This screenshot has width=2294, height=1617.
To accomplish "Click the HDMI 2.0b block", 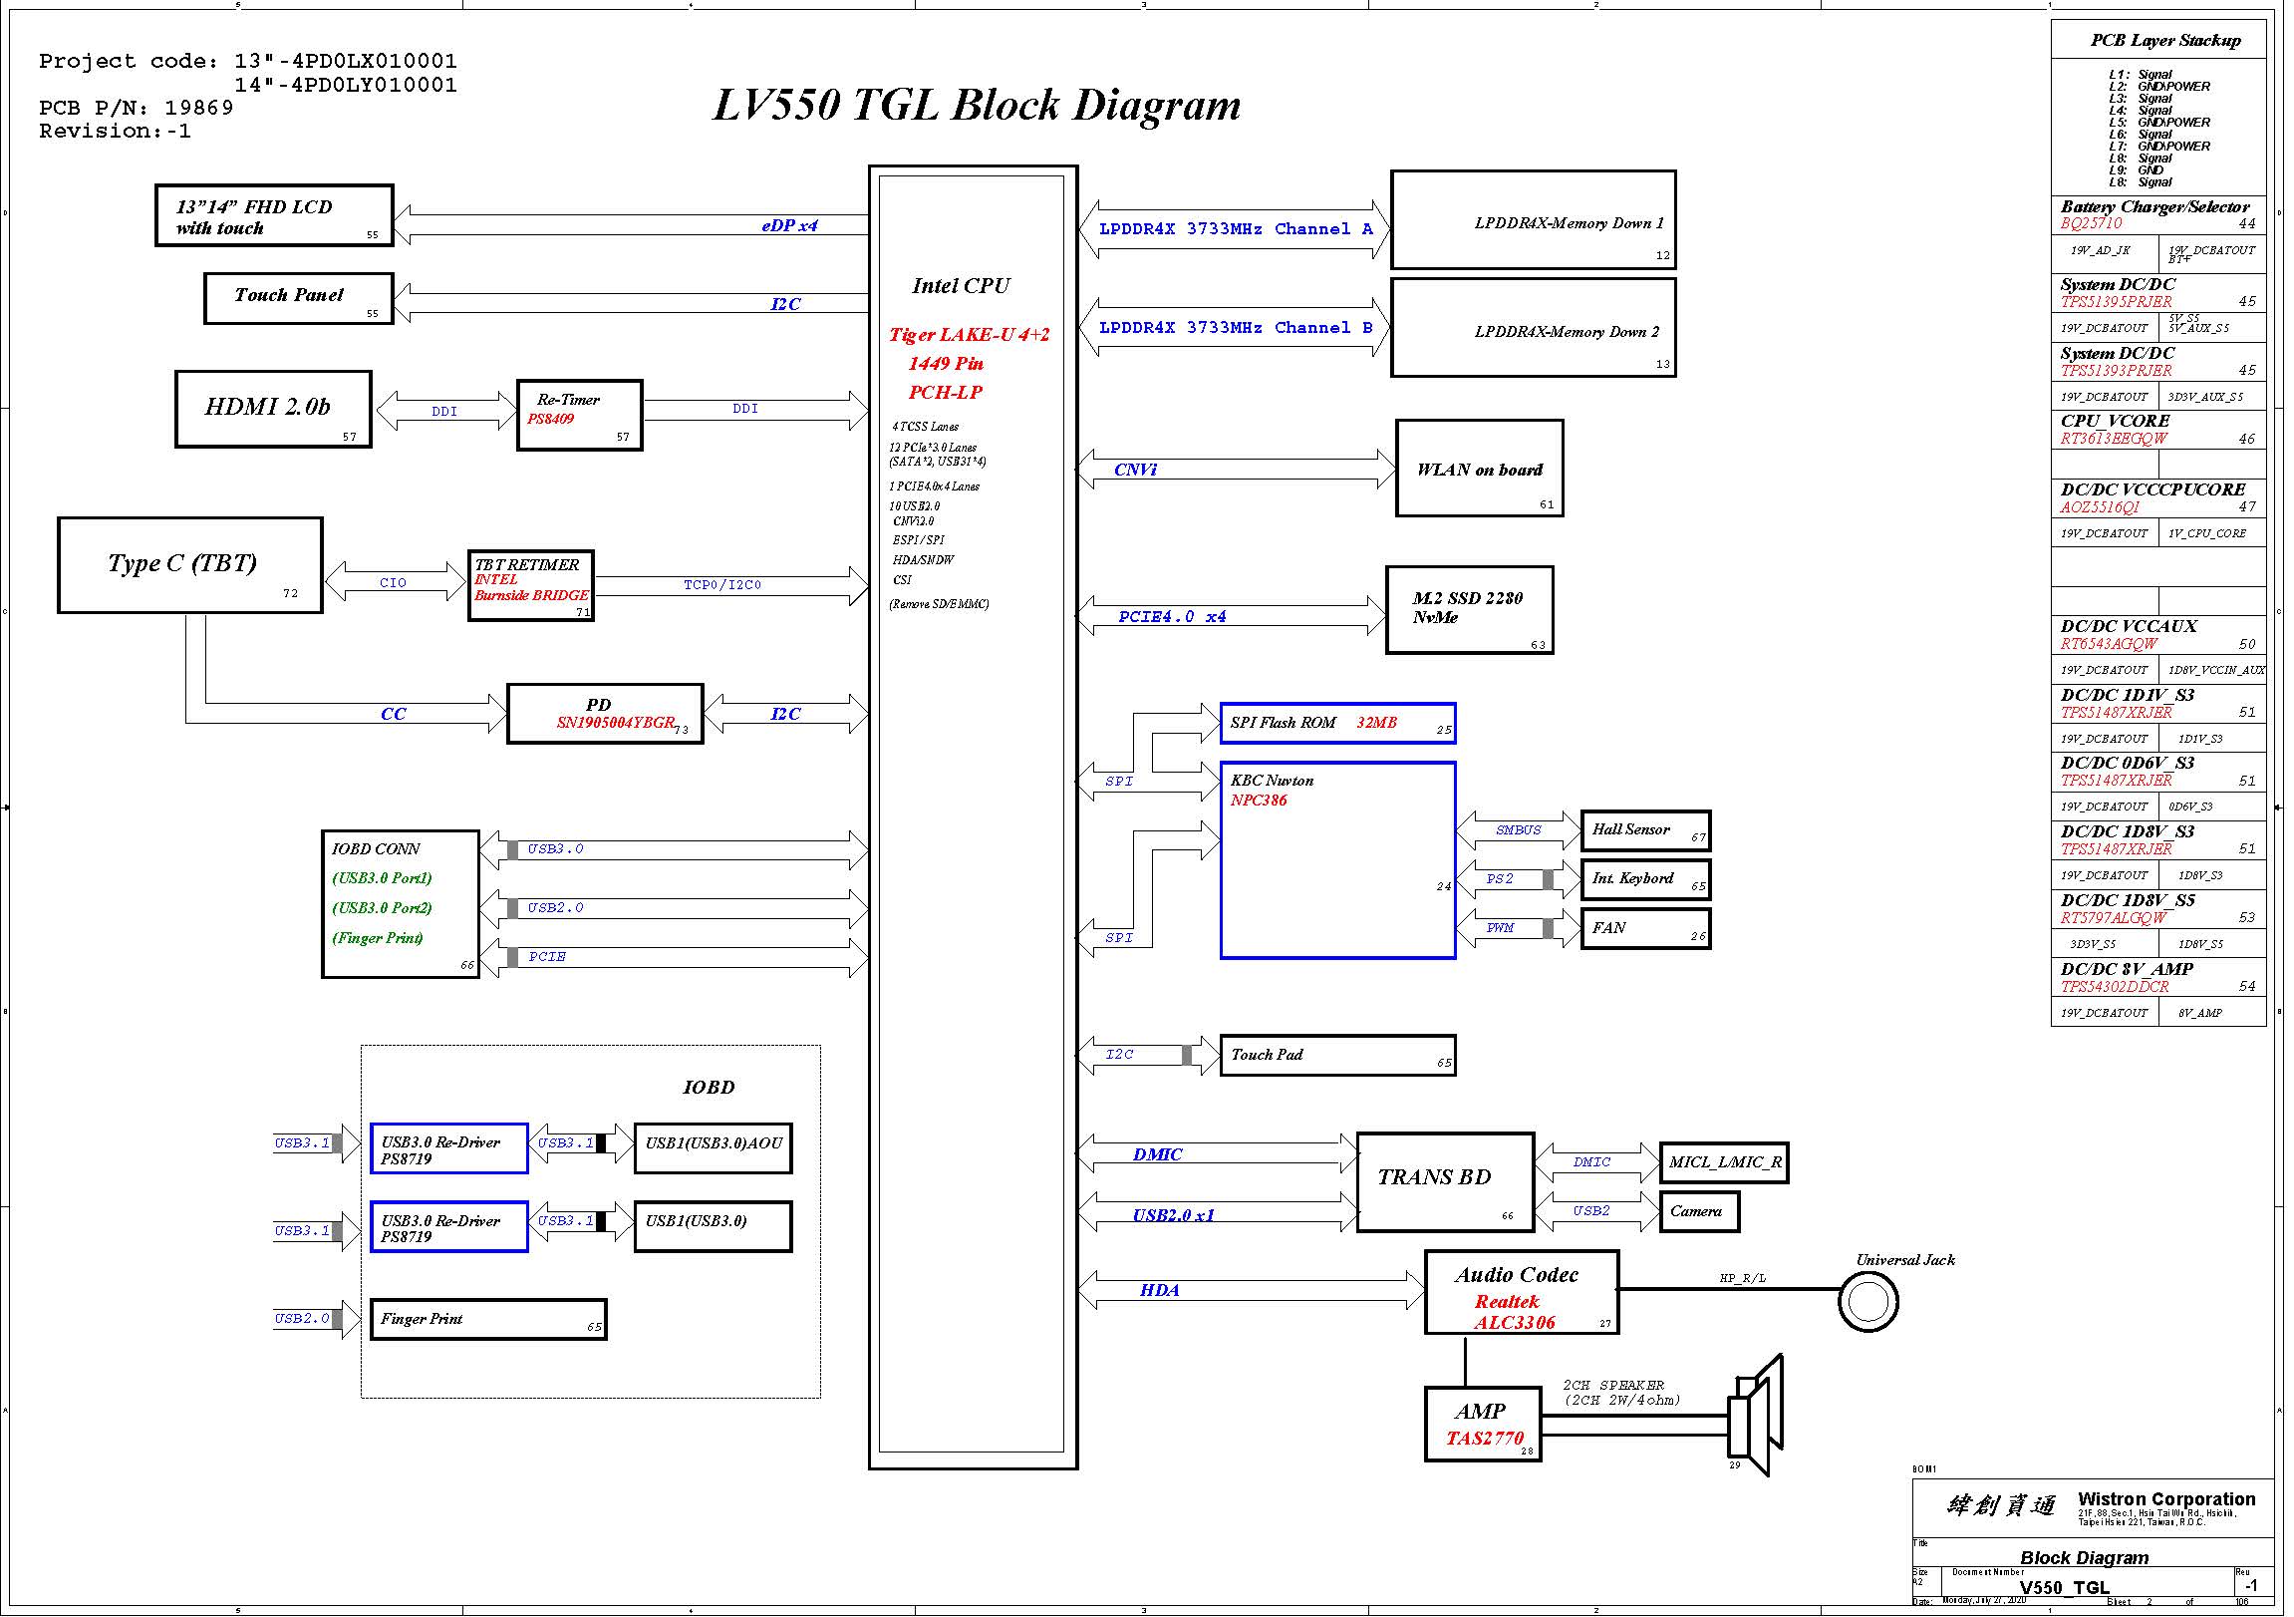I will coord(273,410).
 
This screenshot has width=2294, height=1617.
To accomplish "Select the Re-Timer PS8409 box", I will coord(580,415).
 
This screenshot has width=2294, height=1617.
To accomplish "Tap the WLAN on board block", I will coord(1479,469).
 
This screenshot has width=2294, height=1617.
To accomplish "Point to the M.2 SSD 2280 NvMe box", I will coord(1469,610).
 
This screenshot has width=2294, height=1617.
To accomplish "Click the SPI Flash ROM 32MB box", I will coord(1336,724).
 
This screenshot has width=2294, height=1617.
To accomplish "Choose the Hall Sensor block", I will coord(1644,830).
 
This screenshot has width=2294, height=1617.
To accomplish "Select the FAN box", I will coord(1644,928).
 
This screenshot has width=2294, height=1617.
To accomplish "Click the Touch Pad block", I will coord(1336,1056).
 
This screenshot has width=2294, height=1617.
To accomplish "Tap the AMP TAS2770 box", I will coord(1482,1425).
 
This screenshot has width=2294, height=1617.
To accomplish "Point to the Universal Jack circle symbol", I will coord(1867,1301).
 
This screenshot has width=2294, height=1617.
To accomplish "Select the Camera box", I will coord(1697,1212).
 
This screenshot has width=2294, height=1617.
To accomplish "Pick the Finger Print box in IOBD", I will coord(487,1319).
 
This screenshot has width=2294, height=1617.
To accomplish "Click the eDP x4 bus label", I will coord(789,226).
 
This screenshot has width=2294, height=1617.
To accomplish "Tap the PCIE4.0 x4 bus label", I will coord(1171,617).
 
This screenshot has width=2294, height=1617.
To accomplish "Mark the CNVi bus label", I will coord(1135,470).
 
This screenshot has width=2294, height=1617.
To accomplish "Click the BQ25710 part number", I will coord(2090,224).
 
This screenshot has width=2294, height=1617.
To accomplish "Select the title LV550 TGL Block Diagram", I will coord(977,105).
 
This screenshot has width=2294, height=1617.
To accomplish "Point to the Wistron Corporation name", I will coord(2166,1499).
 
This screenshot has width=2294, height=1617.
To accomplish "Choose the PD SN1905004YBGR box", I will coord(605,714).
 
